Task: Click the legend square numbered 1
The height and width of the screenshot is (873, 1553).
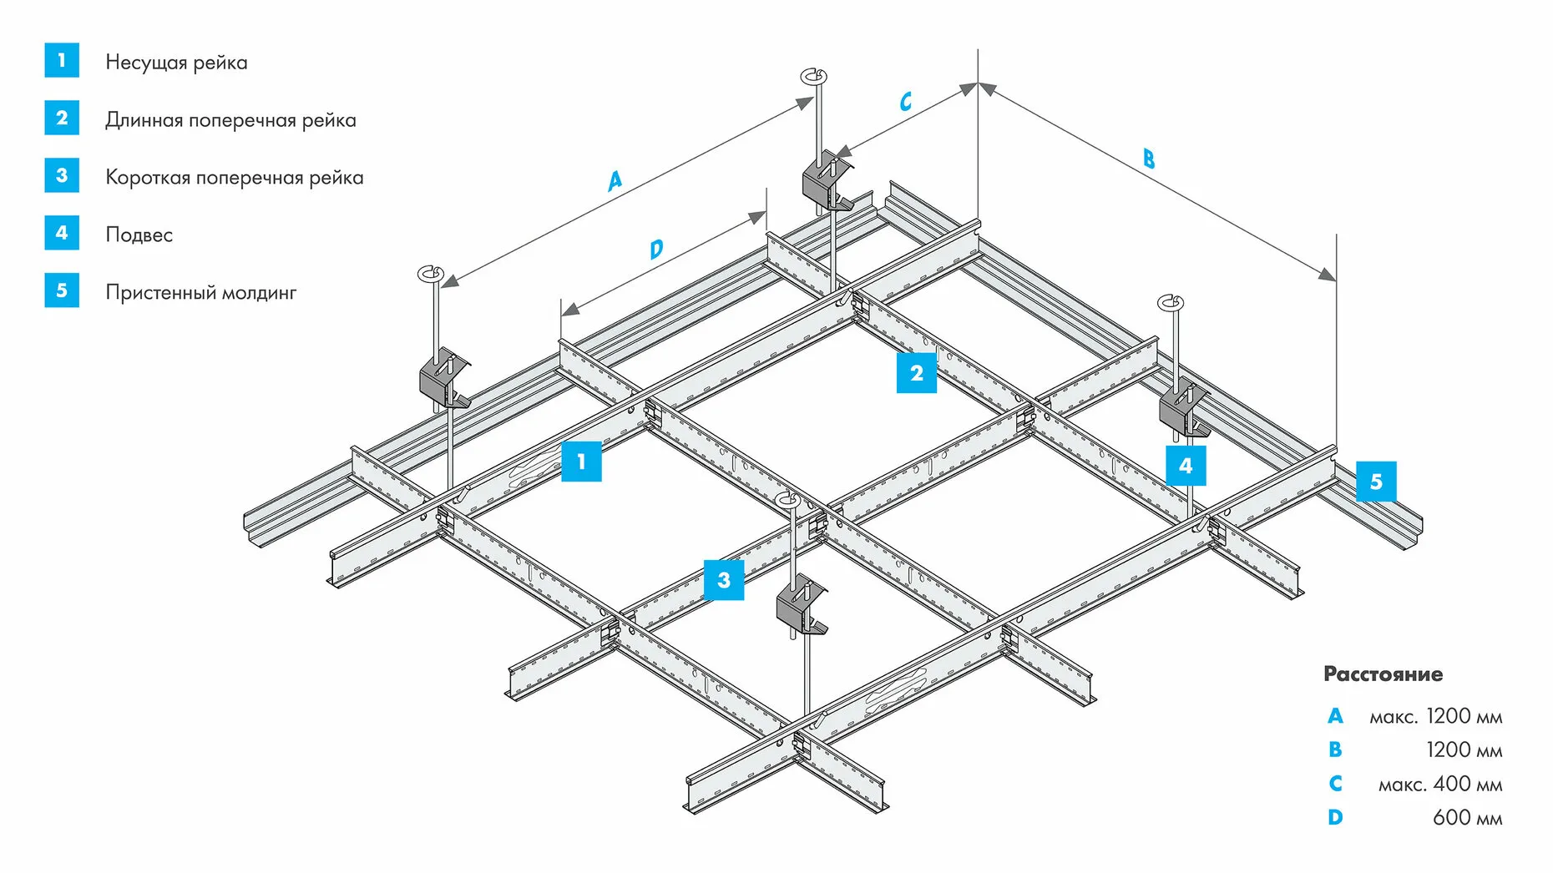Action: (62, 60)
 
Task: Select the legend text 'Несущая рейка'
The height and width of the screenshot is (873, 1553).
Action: (176, 63)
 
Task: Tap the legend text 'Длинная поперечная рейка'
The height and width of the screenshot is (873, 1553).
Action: (230, 120)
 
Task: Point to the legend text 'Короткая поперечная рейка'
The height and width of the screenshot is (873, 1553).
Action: (234, 178)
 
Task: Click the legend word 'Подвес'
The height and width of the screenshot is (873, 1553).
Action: (139, 235)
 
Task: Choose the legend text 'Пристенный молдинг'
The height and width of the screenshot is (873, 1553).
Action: (200, 293)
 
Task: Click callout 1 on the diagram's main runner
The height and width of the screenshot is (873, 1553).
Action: (581, 461)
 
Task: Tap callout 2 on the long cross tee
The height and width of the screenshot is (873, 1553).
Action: (916, 372)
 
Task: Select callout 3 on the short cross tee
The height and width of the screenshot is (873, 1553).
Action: (723, 580)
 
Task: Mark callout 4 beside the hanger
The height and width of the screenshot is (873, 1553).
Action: (1186, 466)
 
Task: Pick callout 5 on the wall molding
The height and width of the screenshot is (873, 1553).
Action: (1376, 482)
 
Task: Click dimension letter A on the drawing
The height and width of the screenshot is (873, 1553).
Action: (615, 180)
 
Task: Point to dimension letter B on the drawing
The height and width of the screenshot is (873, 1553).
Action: (1149, 159)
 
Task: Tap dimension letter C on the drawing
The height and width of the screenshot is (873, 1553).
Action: (905, 102)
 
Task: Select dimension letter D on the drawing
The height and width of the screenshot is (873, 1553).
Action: (656, 249)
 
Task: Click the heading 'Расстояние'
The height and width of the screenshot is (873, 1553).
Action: (1383, 674)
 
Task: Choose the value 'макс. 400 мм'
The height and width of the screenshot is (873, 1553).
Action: (1439, 785)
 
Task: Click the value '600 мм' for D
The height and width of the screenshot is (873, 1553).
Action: (1467, 818)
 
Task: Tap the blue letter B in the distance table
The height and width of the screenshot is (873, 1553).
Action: (1335, 749)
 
